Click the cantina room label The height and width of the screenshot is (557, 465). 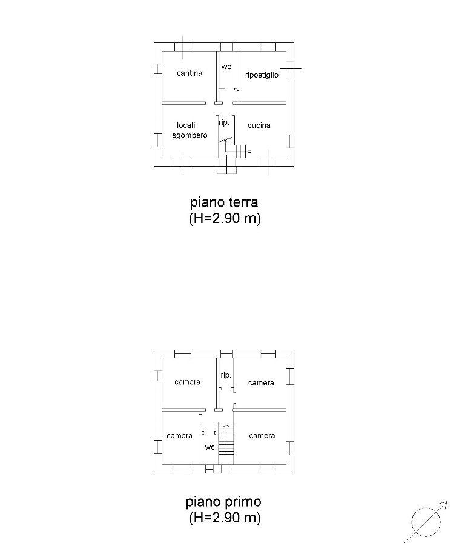click(x=190, y=73)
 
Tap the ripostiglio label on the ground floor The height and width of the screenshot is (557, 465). click(x=262, y=75)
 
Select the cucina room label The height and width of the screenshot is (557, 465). click(x=259, y=125)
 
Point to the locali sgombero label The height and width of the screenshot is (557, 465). click(x=190, y=130)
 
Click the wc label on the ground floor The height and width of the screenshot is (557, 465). click(x=226, y=67)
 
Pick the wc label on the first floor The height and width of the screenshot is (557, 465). click(x=209, y=447)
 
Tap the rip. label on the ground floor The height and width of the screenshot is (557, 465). click(x=225, y=122)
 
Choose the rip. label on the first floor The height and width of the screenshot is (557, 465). click(x=226, y=376)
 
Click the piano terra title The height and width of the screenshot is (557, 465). click(x=224, y=203)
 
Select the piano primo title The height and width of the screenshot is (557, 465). click(x=223, y=502)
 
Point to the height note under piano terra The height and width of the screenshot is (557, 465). click(x=225, y=218)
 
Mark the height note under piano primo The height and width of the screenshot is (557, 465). click(x=225, y=518)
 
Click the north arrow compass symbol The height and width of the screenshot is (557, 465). click(x=426, y=522)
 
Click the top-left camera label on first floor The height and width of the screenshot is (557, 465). click(x=188, y=382)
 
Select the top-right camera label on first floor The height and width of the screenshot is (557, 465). click(x=261, y=383)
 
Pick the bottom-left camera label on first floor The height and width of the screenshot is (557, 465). click(x=180, y=436)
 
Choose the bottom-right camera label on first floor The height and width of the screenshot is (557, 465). click(x=262, y=436)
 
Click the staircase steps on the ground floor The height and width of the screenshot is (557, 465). click(x=232, y=149)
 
